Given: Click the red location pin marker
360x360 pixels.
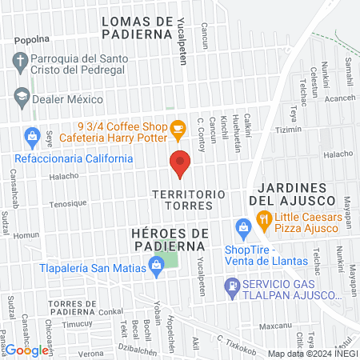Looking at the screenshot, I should pyautogui.click(x=180, y=165).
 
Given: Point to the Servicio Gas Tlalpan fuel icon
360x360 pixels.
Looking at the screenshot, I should pyautogui.click(x=233, y=284).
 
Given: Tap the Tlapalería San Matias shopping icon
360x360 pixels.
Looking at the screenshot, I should pyautogui.click(x=157, y=269).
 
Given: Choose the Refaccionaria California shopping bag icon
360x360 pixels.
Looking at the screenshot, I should pyautogui.click(x=32, y=136).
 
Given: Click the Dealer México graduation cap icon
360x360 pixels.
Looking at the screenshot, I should pyautogui.click(x=22, y=98).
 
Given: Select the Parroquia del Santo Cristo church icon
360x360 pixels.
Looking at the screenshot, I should pyautogui.click(x=21, y=60).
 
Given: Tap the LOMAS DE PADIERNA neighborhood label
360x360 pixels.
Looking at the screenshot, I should pyautogui.click(x=138, y=26).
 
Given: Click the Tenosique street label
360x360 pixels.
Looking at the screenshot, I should pyautogui.click(x=66, y=202).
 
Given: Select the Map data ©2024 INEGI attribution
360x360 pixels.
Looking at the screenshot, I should pyautogui.click(x=311, y=354).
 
